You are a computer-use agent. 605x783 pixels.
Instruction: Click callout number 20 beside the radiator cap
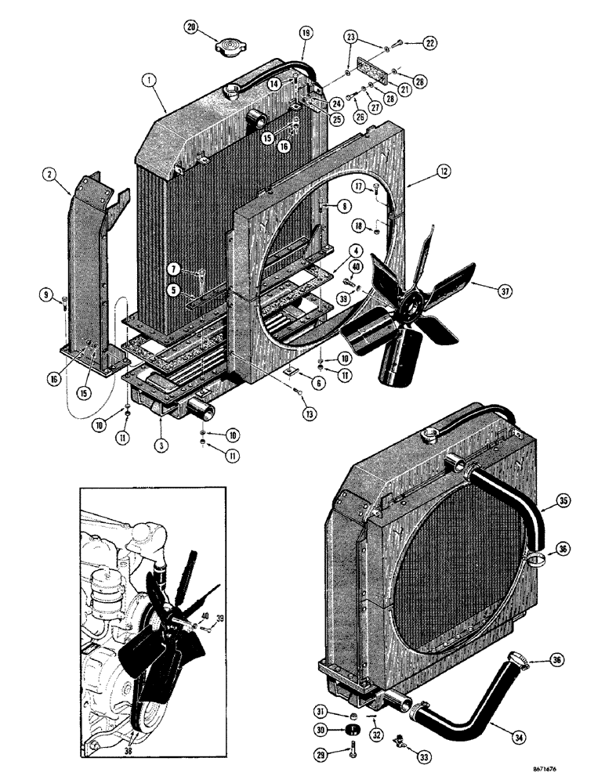click(191, 28)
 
